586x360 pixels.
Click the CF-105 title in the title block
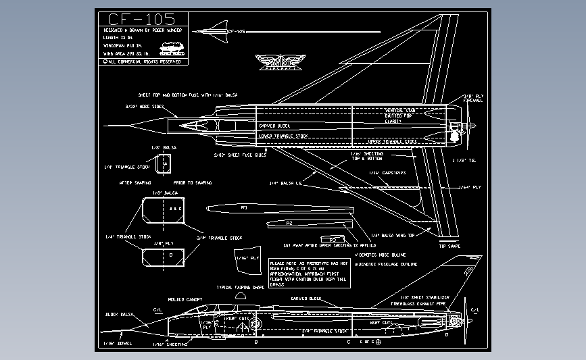pyautogui.click(x=141, y=19)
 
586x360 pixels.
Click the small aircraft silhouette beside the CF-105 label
pyautogui.click(x=211, y=30)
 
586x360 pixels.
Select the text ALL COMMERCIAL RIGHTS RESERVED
pyautogui.click(x=143, y=61)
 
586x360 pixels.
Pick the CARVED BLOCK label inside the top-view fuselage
pyautogui.click(x=274, y=126)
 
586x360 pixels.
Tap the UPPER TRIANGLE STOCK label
pyautogui.click(x=392, y=142)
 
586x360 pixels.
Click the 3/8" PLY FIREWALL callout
pyautogui.click(x=472, y=98)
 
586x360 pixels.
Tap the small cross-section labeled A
pyautogui.click(x=164, y=164)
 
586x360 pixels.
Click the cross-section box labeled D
pyautogui.click(x=161, y=255)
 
